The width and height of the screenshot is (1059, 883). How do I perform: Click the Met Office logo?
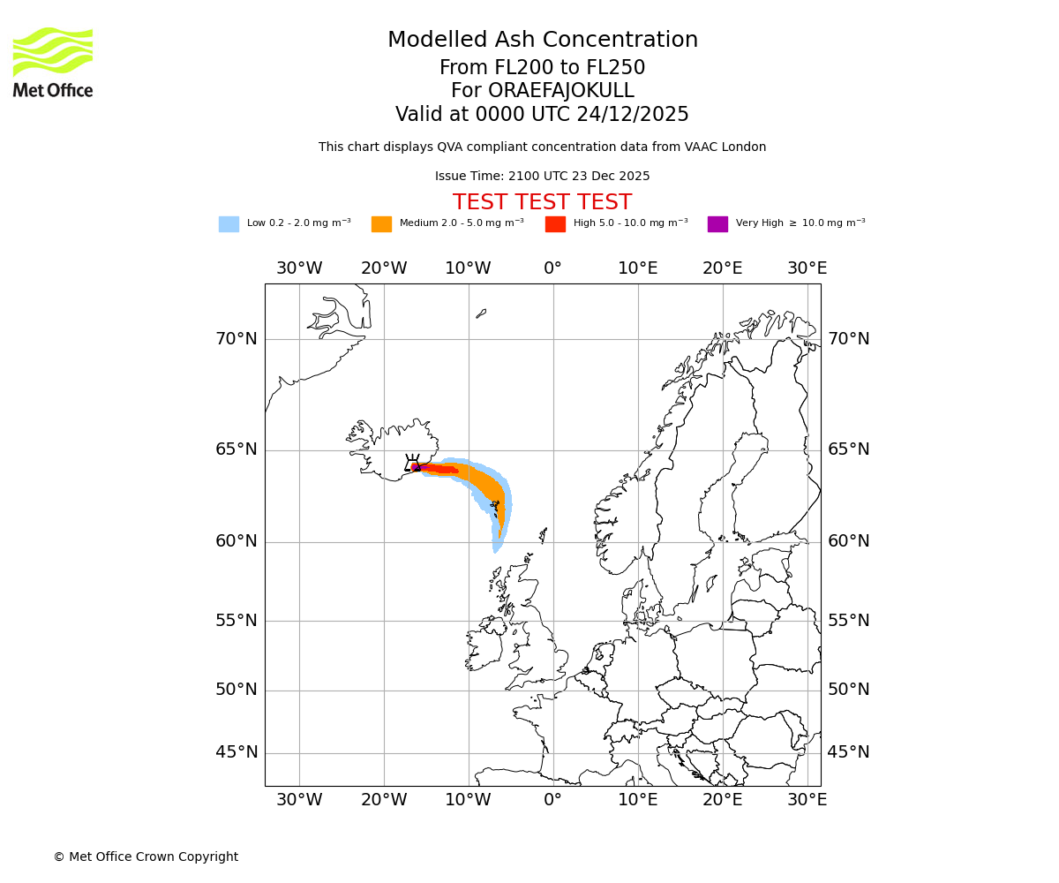[53, 62]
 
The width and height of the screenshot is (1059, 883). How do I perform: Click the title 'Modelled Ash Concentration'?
[542, 41]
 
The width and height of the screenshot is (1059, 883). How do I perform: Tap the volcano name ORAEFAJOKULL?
[542, 91]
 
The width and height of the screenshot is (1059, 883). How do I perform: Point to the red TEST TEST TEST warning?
[542, 202]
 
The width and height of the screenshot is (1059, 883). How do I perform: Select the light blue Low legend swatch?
[229, 224]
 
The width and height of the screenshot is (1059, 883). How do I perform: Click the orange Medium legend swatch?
[381, 224]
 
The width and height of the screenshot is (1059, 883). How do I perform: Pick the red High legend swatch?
[555, 224]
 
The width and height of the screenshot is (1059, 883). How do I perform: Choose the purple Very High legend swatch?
[717, 224]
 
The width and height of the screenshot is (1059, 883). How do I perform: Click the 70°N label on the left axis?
[237, 339]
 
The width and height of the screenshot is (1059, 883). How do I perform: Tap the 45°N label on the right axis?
[848, 752]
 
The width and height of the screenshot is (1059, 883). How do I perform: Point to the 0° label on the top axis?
[552, 268]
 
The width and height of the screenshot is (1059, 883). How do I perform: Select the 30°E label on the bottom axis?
[807, 800]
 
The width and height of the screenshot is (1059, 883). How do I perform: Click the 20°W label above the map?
[384, 268]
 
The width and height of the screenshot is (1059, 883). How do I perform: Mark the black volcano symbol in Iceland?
[412, 463]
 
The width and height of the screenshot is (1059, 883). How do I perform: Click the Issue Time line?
[542, 177]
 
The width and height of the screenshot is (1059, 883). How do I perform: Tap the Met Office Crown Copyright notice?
[146, 857]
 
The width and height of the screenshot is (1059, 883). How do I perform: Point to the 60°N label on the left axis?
[237, 541]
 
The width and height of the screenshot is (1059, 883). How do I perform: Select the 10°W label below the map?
[468, 800]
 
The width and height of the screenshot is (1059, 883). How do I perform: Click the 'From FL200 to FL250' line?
[542, 68]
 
